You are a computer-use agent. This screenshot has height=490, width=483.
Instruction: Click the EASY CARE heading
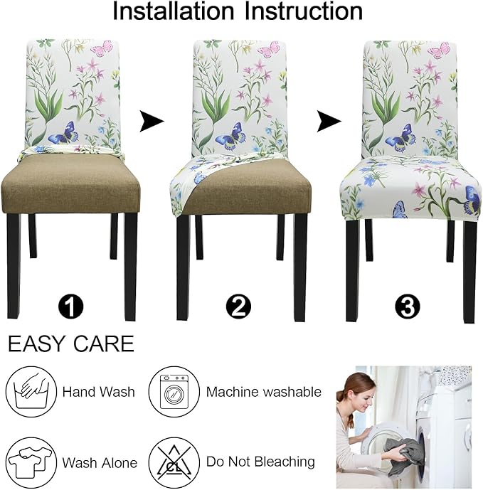[x=70, y=344]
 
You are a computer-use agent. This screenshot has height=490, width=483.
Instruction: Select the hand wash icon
[x=31, y=391]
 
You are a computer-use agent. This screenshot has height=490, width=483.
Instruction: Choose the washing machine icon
[x=173, y=391]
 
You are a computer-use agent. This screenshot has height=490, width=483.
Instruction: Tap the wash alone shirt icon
[x=31, y=462]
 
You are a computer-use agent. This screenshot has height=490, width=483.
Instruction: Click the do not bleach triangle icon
[x=173, y=462]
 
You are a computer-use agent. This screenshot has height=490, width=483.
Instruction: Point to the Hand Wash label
[x=98, y=392]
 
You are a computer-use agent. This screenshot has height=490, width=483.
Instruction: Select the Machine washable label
[x=263, y=392]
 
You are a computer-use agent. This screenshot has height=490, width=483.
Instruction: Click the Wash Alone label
[x=100, y=463]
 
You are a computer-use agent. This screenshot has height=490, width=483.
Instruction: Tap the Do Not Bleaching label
[x=260, y=462]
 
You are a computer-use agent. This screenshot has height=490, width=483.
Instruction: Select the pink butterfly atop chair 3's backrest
[x=437, y=50]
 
